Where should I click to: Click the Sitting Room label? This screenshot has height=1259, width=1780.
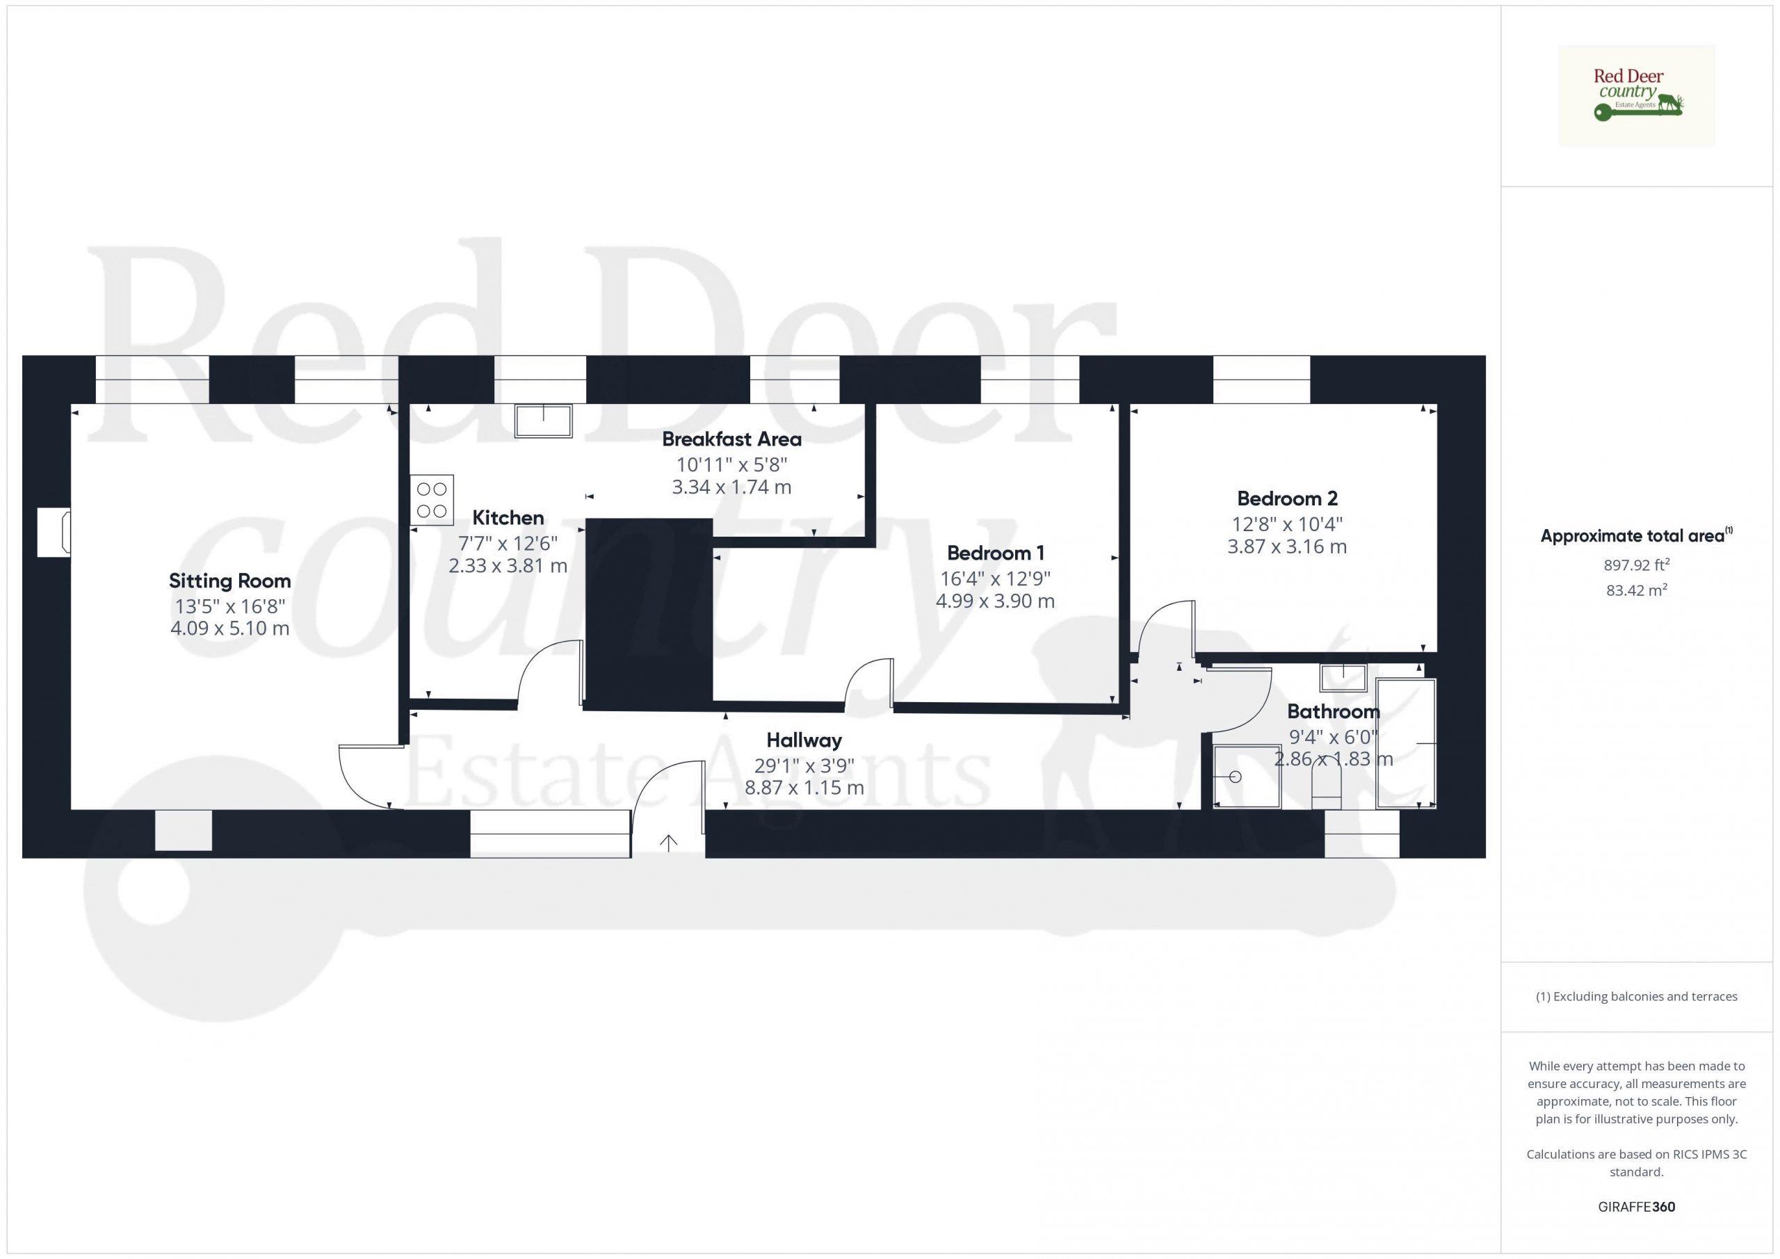230,580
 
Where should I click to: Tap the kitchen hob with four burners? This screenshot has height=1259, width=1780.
432,500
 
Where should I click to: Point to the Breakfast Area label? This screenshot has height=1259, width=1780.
731,439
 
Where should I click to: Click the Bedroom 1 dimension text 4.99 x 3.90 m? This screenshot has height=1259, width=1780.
996,601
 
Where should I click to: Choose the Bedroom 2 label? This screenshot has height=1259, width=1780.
1288,498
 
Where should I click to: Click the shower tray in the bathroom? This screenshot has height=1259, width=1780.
1247,777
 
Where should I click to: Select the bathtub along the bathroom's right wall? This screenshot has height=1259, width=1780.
1405,743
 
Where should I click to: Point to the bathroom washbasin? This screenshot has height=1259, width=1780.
1343,678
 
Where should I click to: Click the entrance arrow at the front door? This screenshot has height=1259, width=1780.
668,843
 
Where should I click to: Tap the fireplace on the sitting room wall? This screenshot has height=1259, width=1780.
54,533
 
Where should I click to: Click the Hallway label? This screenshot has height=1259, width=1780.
804,740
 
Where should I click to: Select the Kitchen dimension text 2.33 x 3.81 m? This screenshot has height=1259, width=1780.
508,566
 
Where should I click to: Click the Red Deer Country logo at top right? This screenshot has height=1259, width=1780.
1637,96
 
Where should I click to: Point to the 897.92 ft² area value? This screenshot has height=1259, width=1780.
1637,565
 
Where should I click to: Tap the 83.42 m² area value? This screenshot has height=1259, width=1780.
1637,590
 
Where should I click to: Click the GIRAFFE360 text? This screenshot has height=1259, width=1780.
1637,1207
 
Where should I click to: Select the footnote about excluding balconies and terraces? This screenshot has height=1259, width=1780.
1637,997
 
